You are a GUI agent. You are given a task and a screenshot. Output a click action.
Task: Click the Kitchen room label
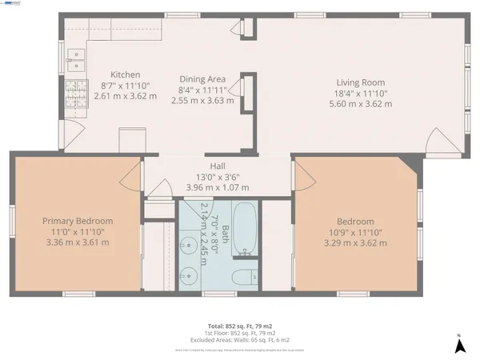click(x=125, y=74)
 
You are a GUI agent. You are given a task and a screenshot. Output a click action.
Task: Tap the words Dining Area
click(x=202, y=79)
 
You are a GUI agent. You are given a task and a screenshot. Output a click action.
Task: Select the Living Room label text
click(x=360, y=82)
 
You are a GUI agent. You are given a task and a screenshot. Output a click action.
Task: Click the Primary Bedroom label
click(x=78, y=221)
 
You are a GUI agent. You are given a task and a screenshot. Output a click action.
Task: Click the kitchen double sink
click(x=75, y=55)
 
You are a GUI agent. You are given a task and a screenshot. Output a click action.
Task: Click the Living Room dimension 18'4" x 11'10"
click(x=360, y=93)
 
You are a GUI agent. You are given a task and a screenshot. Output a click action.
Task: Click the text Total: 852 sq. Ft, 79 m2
click(x=239, y=326)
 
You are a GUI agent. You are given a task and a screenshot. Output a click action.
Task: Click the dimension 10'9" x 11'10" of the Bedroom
click(x=355, y=232)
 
